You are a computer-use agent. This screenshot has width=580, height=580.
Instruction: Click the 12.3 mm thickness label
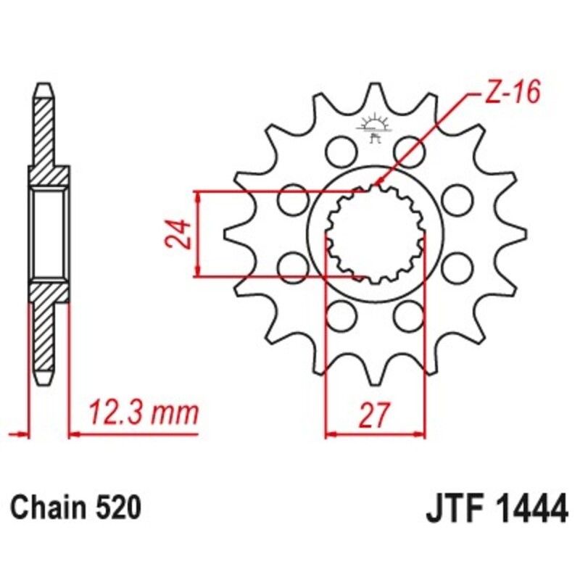tap(143, 413)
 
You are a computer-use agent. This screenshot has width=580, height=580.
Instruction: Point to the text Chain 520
tap(75, 507)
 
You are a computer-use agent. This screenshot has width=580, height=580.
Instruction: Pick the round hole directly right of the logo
tap(407, 151)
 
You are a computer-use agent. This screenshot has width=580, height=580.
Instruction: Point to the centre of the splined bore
tap(374, 233)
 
